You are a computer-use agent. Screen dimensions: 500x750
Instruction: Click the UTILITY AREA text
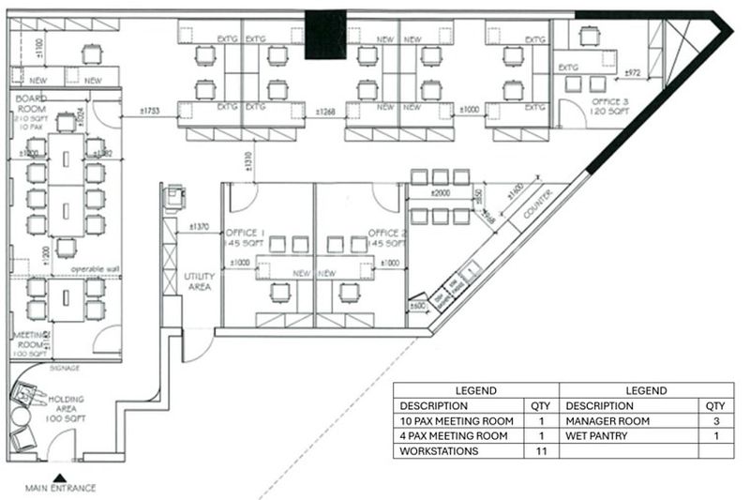[x=199, y=281]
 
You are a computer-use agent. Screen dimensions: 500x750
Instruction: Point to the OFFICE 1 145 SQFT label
[x=246, y=237]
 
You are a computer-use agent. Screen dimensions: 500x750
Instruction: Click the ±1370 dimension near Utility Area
[x=198, y=226]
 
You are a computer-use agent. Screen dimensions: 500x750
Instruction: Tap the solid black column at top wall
[x=325, y=36]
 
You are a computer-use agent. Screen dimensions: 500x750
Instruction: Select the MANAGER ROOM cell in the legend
[x=607, y=421]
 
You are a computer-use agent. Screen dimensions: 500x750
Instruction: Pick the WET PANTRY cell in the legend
[x=598, y=436]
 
